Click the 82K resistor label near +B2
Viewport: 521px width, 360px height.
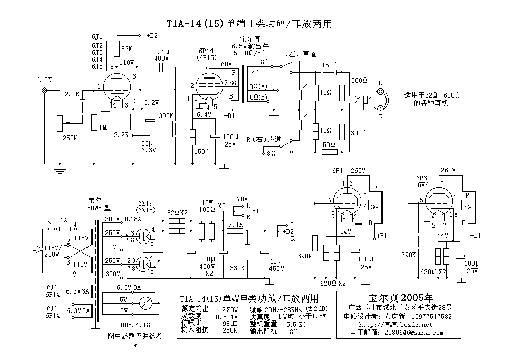click(x=127, y=49)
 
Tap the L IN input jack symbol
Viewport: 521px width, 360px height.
click(x=44, y=91)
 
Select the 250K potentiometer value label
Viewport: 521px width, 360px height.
click(x=70, y=138)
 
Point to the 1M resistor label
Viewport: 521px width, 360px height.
click(x=103, y=127)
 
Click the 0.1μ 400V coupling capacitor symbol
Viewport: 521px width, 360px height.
click(x=161, y=68)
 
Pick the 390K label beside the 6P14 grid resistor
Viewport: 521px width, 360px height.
click(x=166, y=116)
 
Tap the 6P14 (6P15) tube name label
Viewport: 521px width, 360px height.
click(x=206, y=54)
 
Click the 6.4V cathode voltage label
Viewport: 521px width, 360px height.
click(x=204, y=115)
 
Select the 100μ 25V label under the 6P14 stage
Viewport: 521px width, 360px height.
click(x=230, y=141)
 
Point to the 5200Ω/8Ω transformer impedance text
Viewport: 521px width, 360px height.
click(x=249, y=53)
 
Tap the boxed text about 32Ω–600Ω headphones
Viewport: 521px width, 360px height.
click(x=432, y=99)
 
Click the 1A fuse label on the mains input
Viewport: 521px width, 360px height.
click(x=64, y=220)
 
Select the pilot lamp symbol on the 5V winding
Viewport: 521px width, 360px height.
click(x=145, y=303)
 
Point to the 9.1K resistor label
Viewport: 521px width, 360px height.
click(x=236, y=225)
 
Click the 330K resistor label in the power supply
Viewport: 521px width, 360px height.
click(x=237, y=268)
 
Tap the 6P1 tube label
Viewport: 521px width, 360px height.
click(x=337, y=171)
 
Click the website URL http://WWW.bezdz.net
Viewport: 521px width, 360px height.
click(x=395, y=325)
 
